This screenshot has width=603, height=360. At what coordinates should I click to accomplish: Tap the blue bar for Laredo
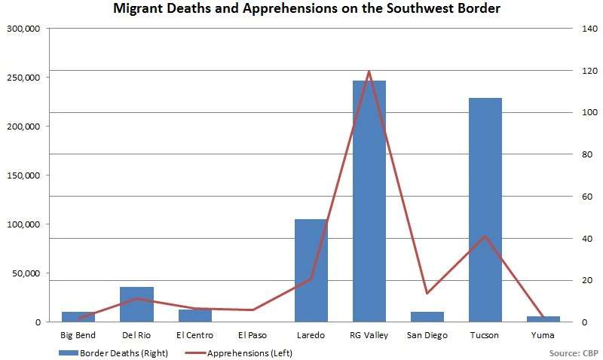coord(311,270)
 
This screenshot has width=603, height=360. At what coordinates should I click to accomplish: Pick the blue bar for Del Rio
coord(136,304)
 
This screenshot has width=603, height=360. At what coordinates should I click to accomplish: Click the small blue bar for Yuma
coord(543,319)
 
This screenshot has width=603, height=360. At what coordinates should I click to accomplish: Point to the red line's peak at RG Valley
coord(369,71)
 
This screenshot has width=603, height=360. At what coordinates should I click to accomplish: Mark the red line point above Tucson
coord(485,236)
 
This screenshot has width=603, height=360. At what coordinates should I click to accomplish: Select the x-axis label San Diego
coord(427,334)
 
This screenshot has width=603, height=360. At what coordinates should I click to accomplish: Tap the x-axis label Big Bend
coord(78,334)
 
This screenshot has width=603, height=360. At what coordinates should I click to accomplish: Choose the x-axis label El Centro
coord(194,334)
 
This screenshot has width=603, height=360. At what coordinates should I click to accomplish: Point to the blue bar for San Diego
coord(427,316)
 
